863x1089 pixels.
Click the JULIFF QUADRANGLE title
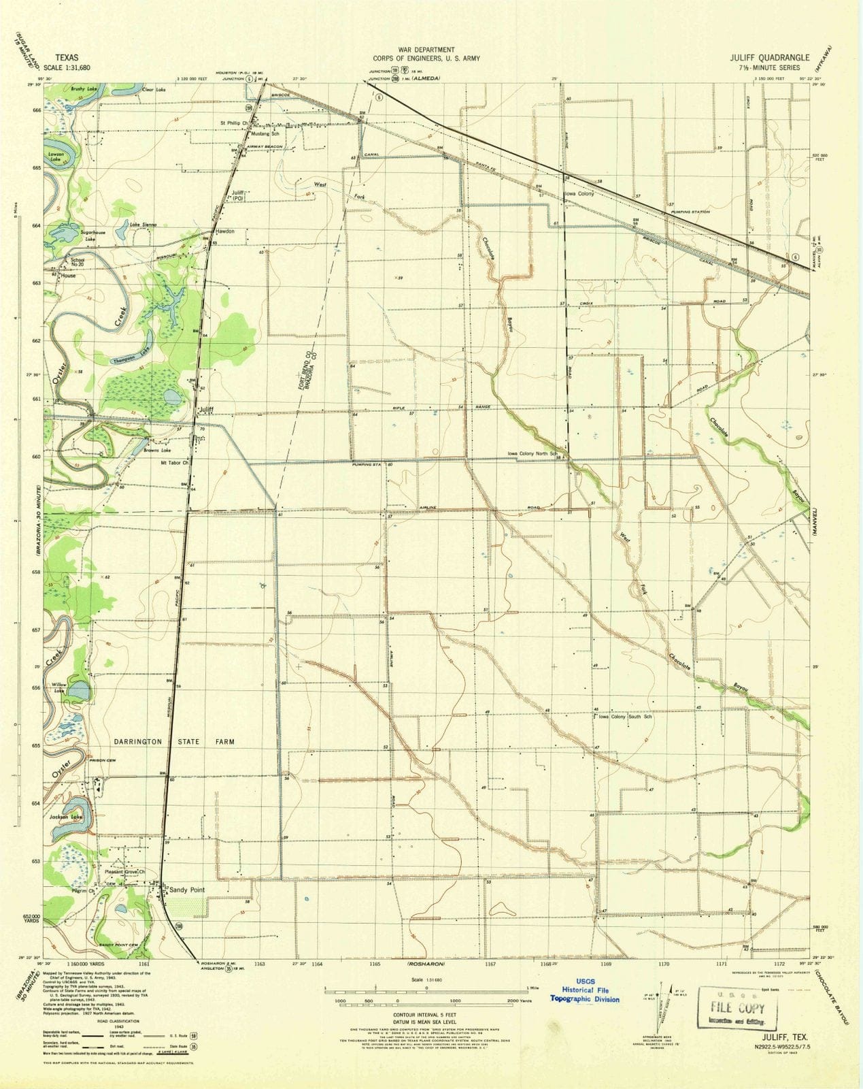pyautogui.click(x=770, y=58)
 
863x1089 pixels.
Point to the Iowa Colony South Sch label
pyautogui.click(x=625, y=717)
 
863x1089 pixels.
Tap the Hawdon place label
pyautogui.click(x=225, y=231)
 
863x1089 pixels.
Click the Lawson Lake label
pyautogui.click(x=56, y=156)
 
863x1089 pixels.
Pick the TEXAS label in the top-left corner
pyautogui.click(x=66, y=59)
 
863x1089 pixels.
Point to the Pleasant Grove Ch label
pyautogui.click(x=125, y=872)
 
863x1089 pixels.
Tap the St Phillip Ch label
pyautogui.click(x=233, y=123)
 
